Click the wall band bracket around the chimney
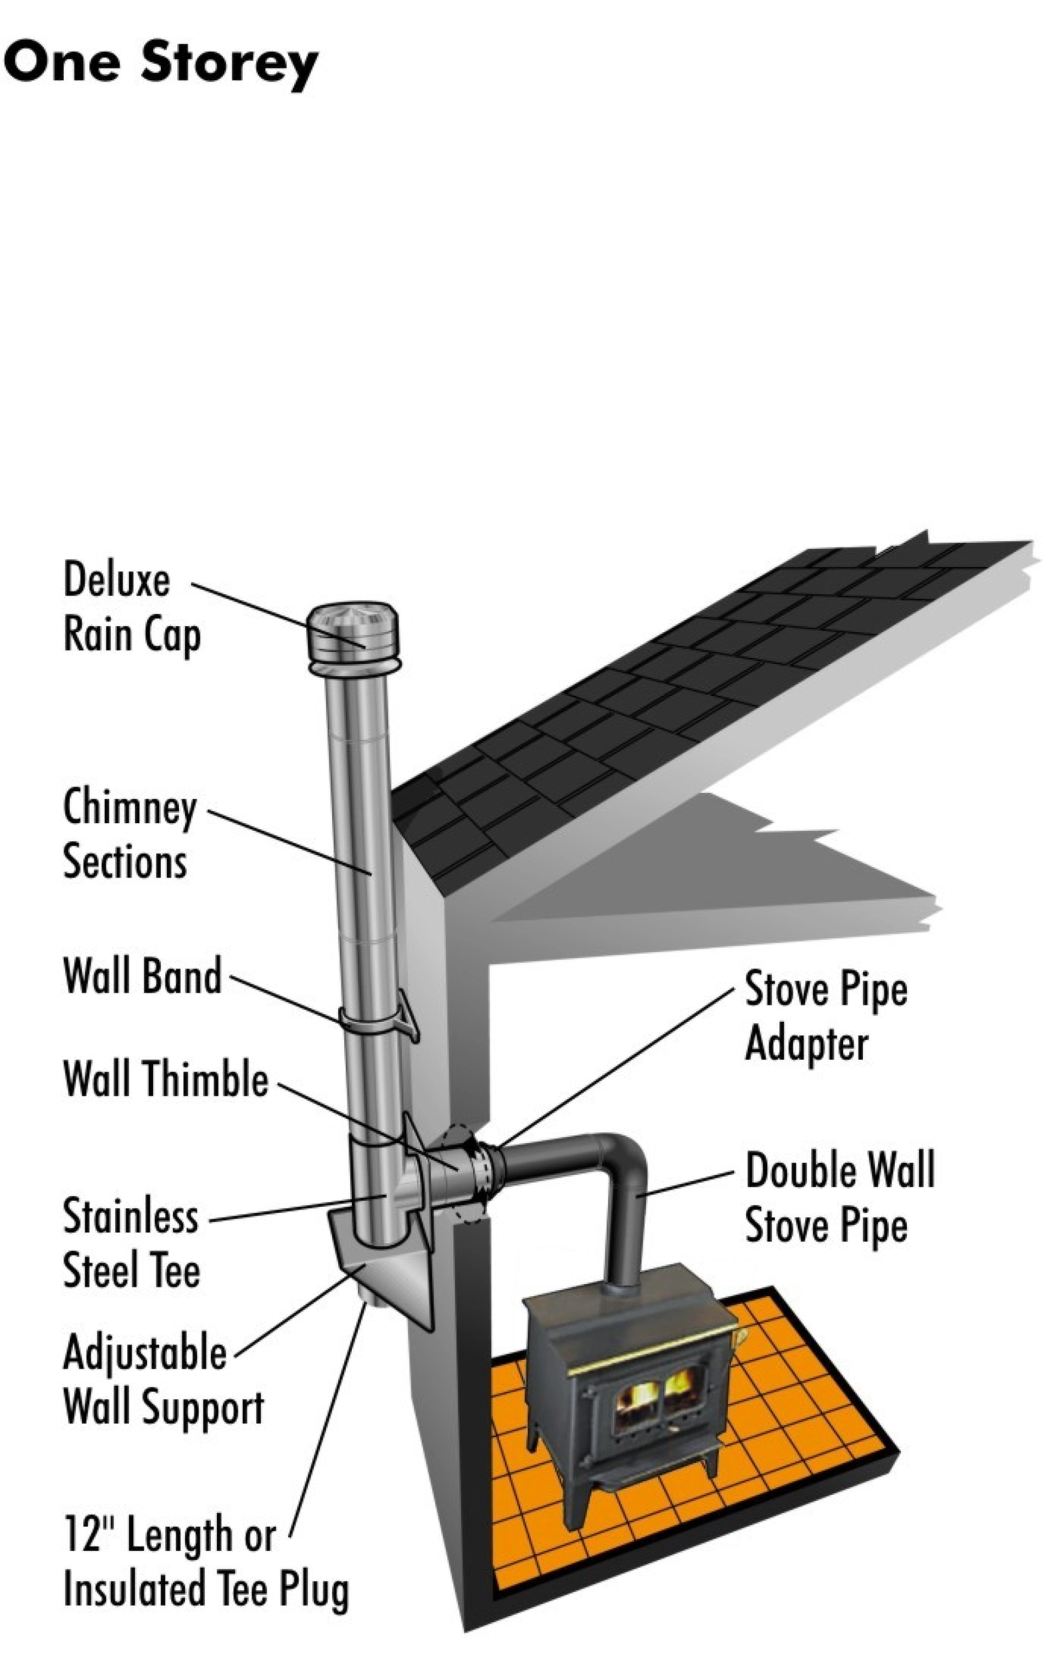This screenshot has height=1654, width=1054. (x=378, y=1019)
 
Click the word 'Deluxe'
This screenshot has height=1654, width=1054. (x=116, y=581)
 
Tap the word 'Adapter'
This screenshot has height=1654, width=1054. (x=806, y=1044)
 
